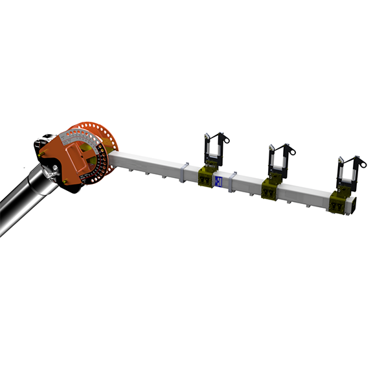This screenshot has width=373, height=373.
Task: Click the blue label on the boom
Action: click(220, 182)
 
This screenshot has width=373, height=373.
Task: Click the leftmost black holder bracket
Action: click(213, 152)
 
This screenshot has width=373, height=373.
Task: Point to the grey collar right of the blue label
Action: click(234, 178)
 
